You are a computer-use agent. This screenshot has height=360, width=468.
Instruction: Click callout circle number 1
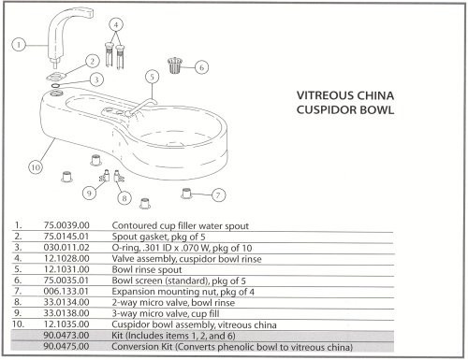pos(19,45)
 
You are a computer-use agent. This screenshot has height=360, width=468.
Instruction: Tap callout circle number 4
pos(116,24)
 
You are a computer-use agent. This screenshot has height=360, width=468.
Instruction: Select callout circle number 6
pos(201,67)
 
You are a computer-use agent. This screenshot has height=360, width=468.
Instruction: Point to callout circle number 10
pos(36,167)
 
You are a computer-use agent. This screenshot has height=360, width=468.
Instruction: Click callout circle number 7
pos(218,195)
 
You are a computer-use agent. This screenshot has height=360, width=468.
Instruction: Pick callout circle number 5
pos(153,77)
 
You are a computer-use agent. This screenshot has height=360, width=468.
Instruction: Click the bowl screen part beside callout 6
pos(175,65)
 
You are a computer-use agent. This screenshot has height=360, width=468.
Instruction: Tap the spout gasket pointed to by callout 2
pos(56,76)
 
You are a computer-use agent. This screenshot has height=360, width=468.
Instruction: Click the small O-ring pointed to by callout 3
pos(55,85)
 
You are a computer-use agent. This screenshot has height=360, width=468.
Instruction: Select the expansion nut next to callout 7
pos(186,194)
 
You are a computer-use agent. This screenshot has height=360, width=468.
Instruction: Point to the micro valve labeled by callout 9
pos(105,177)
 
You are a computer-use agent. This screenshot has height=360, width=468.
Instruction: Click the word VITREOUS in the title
pos(326,95)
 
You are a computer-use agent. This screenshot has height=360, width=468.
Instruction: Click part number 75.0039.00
pos(66,225)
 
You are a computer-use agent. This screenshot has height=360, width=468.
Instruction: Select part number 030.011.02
pos(66,248)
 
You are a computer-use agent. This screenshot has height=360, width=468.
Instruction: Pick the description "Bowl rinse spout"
pos(147,269)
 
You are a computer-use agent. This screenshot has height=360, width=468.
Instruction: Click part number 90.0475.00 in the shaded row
pos(66,346)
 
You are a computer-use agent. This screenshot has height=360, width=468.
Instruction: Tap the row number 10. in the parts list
pos(18,324)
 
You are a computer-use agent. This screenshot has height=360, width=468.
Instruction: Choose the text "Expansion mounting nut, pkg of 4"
pos(183,292)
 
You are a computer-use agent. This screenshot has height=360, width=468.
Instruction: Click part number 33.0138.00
pos(66,313)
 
